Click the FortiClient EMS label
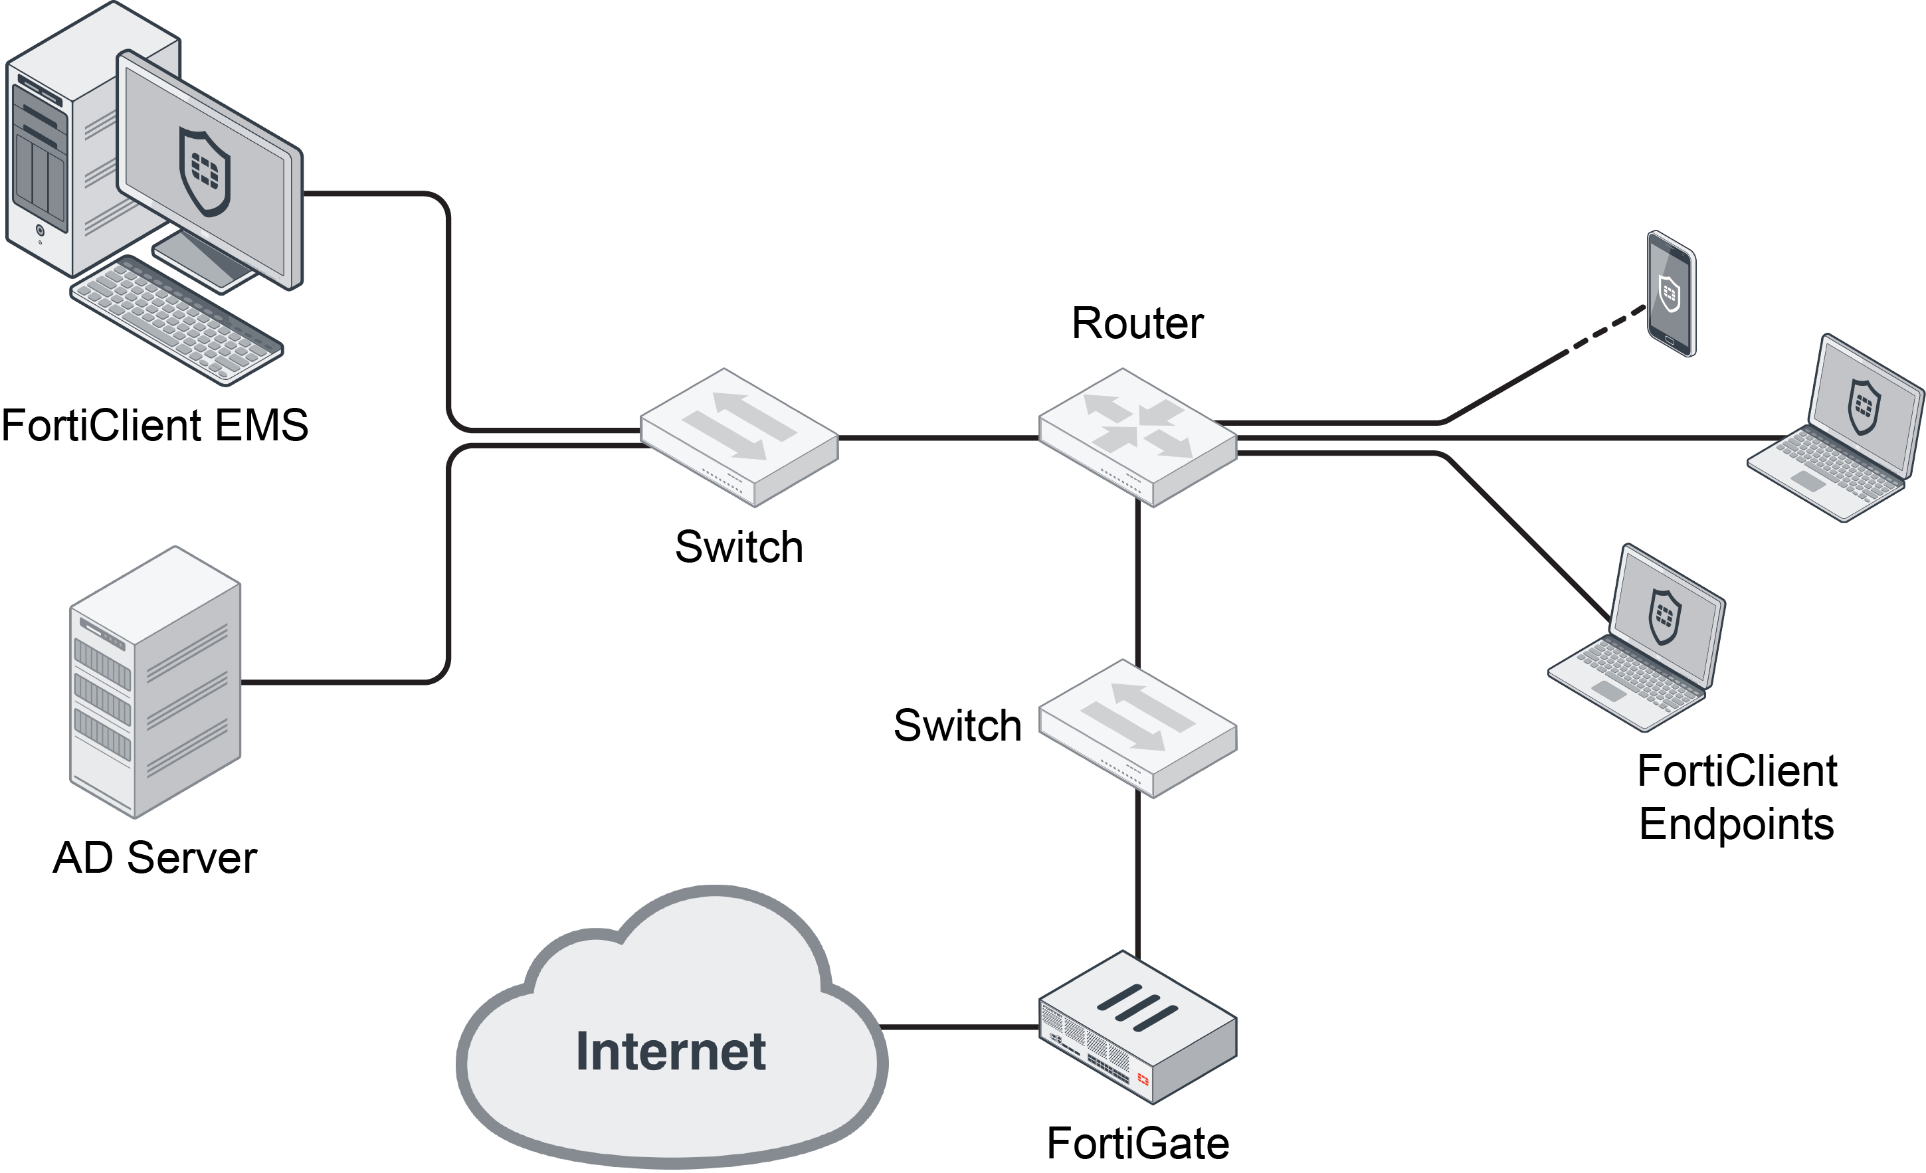[x=155, y=426]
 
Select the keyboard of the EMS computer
[x=177, y=319]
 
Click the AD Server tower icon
[x=155, y=682]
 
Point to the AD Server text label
[x=155, y=858]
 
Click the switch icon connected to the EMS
[x=739, y=437]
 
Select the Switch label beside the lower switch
[x=957, y=726]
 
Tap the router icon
[x=1137, y=437]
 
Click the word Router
[x=1137, y=323]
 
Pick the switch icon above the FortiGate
[x=1137, y=729]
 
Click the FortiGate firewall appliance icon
[x=1137, y=1027]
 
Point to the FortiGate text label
[x=1137, y=1144]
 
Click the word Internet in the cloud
[x=670, y=1052]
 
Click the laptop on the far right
[x=1837, y=430]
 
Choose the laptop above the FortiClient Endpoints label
[x=1638, y=639]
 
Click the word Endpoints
[x=1736, y=824]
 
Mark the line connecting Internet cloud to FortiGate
[x=960, y=1027]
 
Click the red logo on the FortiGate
[x=1143, y=1079]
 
